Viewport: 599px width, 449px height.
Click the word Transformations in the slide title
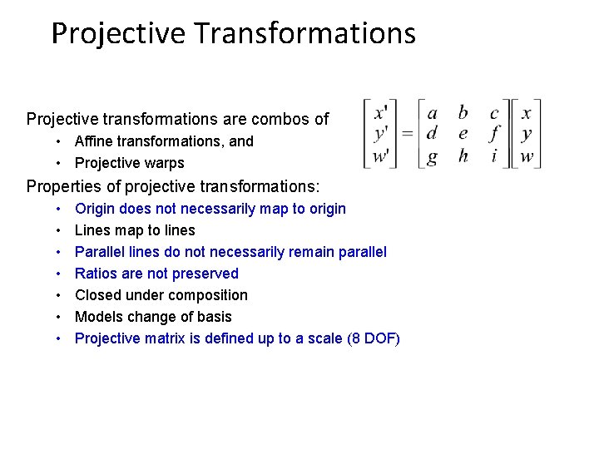pos(304,33)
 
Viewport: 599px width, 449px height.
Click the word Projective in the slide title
pos(118,33)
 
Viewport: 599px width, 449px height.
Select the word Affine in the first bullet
pos(94,141)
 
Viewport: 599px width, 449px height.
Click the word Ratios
pos(97,274)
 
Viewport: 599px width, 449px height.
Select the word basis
pos(214,317)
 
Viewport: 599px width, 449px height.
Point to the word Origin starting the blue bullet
pos(97,209)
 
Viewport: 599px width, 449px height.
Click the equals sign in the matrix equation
pos(407,133)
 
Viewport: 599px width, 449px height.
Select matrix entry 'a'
pos(432,113)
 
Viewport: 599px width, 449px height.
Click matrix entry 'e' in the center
pos(463,133)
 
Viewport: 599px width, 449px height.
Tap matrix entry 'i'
pos(494,155)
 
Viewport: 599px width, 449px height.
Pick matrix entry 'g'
pos(432,156)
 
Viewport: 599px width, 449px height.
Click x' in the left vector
pos(381,112)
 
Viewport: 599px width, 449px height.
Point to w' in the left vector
pos(381,155)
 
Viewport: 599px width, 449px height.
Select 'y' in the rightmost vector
pos(527,134)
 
